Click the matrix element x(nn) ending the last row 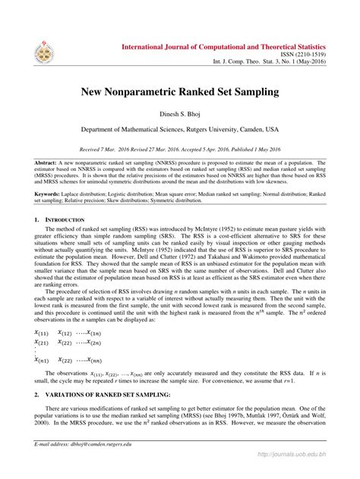click(x=99, y=360)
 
